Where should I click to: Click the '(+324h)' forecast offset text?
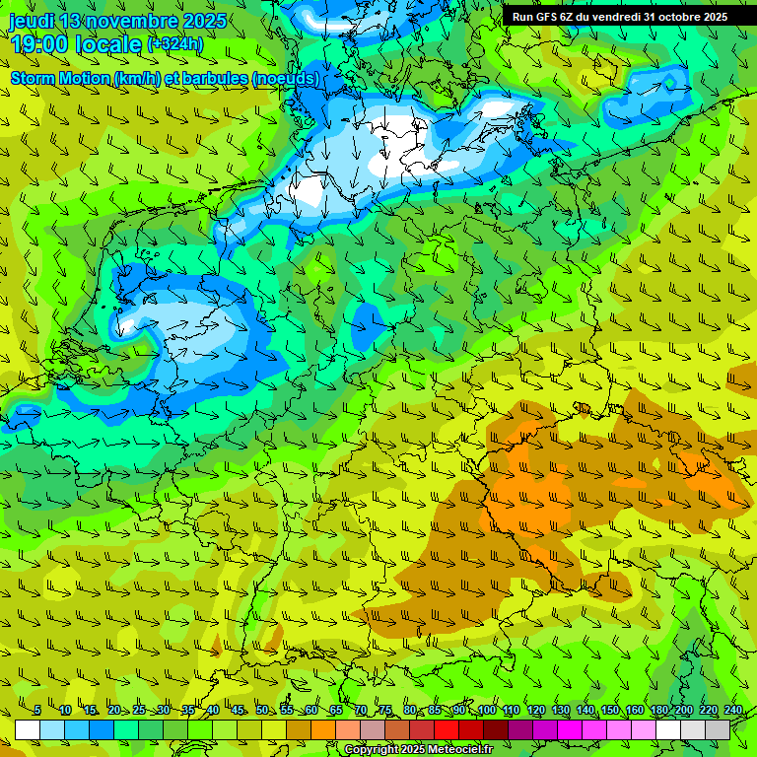click(174, 44)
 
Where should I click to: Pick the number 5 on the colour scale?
click(36, 711)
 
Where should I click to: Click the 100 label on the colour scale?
click(487, 711)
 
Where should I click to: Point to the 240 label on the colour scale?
click(732, 711)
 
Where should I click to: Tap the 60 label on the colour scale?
click(310, 711)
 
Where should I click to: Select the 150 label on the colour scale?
click(610, 711)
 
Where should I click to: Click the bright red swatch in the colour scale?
click(447, 730)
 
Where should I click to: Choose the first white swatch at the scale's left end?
click(28, 730)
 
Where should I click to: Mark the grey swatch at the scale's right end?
click(718, 730)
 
